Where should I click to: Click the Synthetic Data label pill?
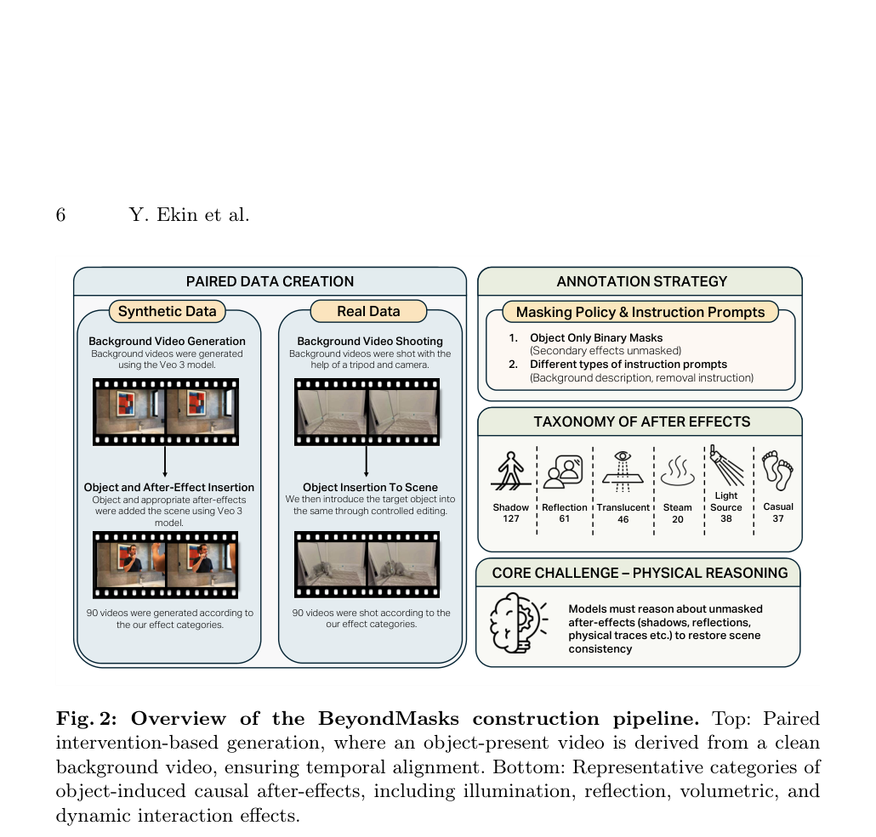(x=167, y=311)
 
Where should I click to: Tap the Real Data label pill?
(x=369, y=311)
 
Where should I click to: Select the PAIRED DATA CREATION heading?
(x=270, y=281)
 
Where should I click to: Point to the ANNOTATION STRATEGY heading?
(x=642, y=281)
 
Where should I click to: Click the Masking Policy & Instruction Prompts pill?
(x=640, y=312)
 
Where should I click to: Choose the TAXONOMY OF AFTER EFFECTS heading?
(x=642, y=421)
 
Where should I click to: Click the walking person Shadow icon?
(x=510, y=471)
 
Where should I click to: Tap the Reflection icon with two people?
(x=563, y=472)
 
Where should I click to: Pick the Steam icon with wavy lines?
(x=678, y=471)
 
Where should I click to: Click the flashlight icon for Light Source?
(x=725, y=465)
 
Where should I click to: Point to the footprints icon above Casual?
(x=777, y=470)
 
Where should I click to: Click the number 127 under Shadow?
(x=510, y=518)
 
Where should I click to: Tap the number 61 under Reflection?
(x=564, y=518)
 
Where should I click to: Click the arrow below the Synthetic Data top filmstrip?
(x=165, y=461)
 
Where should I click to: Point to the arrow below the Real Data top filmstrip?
(x=366, y=461)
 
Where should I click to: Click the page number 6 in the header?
(x=61, y=214)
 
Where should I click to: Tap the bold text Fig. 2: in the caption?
(x=87, y=718)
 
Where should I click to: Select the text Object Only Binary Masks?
(x=596, y=338)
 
